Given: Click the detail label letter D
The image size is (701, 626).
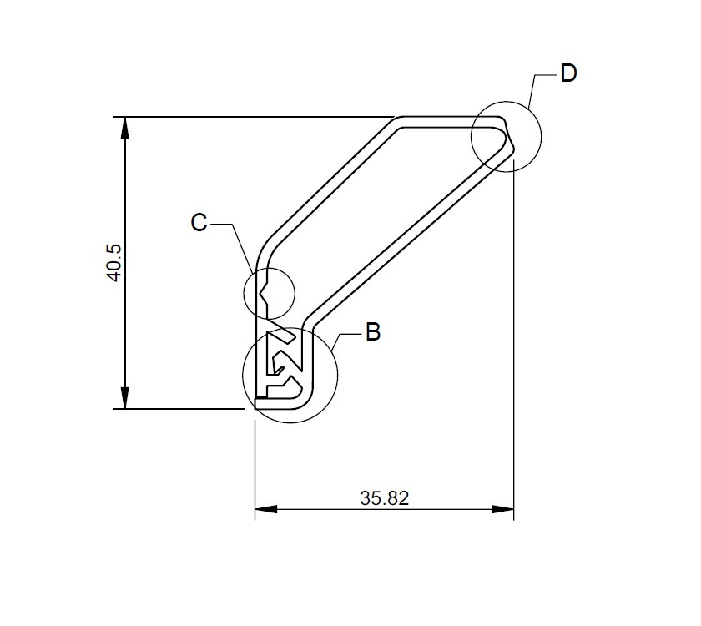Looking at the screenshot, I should pyautogui.click(x=568, y=73).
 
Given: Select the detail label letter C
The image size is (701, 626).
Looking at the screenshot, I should pyautogui.click(x=199, y=223).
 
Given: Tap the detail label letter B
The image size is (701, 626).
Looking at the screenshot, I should pyautogui.click(x=373, y=332).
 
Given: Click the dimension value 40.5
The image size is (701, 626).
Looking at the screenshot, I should pyautogui.click(x=115, y=262).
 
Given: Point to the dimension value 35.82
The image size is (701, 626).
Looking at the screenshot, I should pyautogui.click(x=385, y=498).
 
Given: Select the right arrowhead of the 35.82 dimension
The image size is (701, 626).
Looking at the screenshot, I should pyautogui.click(x=502, y=508).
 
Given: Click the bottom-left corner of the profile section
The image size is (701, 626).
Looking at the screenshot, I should pyautogui.click(x=255, y=404).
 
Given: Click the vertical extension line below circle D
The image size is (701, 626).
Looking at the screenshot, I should pyautogui.click(x=513, y=334).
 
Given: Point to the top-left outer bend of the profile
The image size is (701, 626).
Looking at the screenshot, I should pyautogui.click(x=265, y=250).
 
